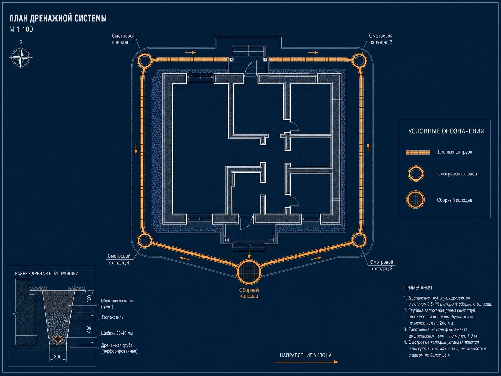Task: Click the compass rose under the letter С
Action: click(x=21, y=57)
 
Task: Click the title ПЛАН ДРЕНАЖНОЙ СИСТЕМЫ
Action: click(x=58, y=18)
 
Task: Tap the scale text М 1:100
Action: click(x=21, y=30)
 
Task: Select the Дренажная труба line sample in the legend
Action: click(x=418, y=152)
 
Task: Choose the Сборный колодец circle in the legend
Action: click(x=415, y=200)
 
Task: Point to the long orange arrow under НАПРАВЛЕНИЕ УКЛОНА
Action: click(x=306, y=362)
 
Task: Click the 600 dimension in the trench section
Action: click(x=89, y=329)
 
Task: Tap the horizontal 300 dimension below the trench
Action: click(x=58, y=357)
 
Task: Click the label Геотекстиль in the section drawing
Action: click(x=112, y=317)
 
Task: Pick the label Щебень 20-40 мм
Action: click(x=117, y=333)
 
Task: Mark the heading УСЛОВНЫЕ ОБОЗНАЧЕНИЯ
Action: click(x=446, y=131)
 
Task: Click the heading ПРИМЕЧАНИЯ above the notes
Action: click(x=417, y=288)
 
